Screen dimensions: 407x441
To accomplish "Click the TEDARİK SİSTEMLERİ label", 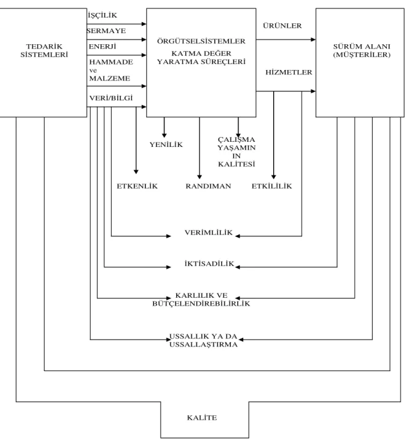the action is point(44,50).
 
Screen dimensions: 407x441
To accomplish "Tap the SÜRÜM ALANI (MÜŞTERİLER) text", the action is point(362,50).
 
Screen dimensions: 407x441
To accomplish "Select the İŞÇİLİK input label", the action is point(103,15).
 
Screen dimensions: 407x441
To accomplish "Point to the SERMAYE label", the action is point(106,31).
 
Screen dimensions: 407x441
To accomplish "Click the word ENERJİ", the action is point(103,46).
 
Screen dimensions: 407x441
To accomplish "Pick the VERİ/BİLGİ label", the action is point(111,98).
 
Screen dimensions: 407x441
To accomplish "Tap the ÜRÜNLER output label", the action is point(282,26).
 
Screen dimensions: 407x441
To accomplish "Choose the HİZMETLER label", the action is point(289,72).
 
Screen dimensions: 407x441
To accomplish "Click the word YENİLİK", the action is point(166,144).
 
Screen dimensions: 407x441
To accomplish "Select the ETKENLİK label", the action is point(137,186).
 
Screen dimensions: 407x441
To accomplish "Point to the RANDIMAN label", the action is point(208,186).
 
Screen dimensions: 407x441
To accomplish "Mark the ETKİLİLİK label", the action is point(272,186).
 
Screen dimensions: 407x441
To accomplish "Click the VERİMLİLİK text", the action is point(209,232).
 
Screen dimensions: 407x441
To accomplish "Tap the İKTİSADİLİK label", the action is point(209,263).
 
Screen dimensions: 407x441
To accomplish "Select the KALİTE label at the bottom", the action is point(202,418).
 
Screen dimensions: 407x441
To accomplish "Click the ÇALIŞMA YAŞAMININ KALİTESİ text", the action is point(236,152).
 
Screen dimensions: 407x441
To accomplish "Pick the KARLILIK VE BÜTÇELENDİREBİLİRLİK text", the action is point(201,299).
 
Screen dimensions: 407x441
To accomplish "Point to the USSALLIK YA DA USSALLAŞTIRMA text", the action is point(204,340).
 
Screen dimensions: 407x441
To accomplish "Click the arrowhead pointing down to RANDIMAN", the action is point(200,177).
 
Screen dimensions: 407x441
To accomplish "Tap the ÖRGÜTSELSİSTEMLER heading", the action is point(201,41).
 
